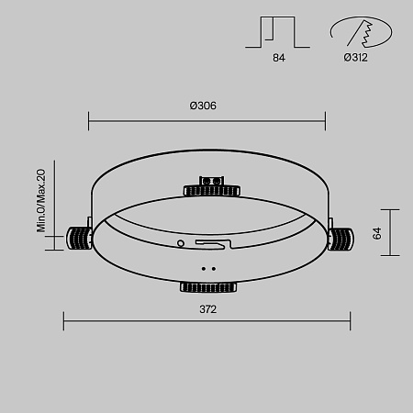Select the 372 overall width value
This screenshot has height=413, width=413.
tap(207, 309)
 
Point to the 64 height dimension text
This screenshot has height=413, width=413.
tap(376, 234)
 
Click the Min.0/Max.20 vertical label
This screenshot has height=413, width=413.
tap(41, 200)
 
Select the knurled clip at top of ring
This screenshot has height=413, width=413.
tap(212, 190)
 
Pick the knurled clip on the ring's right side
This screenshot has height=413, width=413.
tap(340, 239)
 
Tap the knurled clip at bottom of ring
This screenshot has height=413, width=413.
tap(208, 287)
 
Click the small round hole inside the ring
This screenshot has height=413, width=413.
tap(181, 243)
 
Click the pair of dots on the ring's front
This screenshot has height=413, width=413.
tap(207, 269)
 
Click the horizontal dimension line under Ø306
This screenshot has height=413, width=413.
tap(206, 118)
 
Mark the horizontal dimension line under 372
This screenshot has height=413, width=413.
tap(206, 320)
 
